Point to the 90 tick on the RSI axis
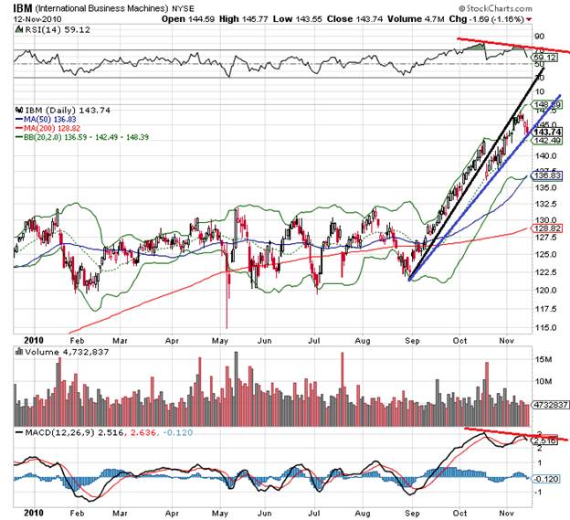coord(538,37)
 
